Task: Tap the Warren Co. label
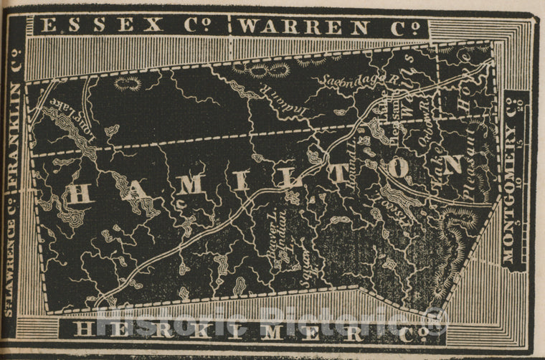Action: (x=329, y=27)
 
